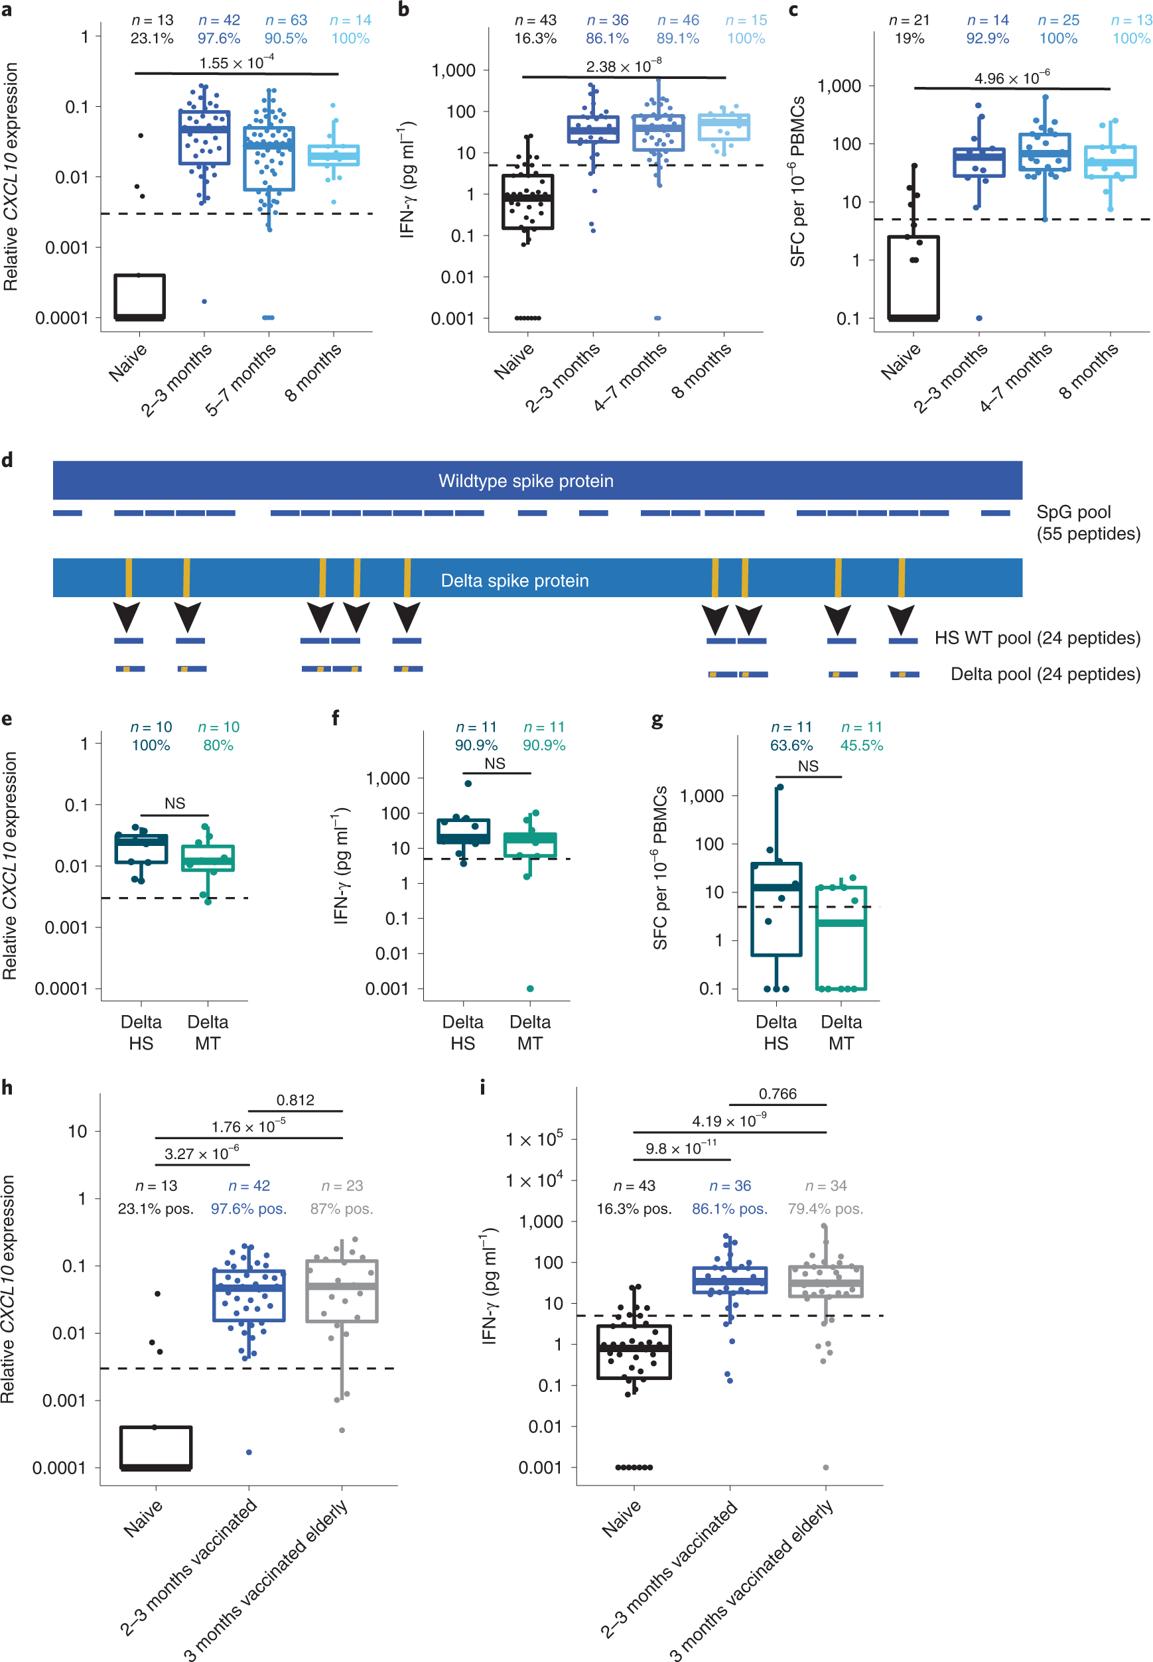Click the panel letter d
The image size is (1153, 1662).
point(7,460)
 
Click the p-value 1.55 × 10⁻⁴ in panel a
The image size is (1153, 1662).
point(236,63)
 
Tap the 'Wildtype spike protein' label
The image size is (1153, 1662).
point(525,481)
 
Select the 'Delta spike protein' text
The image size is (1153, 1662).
point(514,581)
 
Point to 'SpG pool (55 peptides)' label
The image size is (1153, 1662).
point(1087,522)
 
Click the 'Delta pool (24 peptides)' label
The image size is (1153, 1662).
point(1045,674)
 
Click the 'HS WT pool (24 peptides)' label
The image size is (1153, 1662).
point(1037,638)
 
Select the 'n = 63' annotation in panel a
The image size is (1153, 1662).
point(286,20)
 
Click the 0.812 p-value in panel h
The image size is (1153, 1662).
point(295,1100)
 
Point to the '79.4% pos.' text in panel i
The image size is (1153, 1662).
point(825,1208)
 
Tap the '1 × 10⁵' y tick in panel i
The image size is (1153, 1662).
point(534,1139)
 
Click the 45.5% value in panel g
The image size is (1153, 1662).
point(861,744)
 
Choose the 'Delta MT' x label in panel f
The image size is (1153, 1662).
point(529,1032)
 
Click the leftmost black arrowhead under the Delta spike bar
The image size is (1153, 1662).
point(127,617)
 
